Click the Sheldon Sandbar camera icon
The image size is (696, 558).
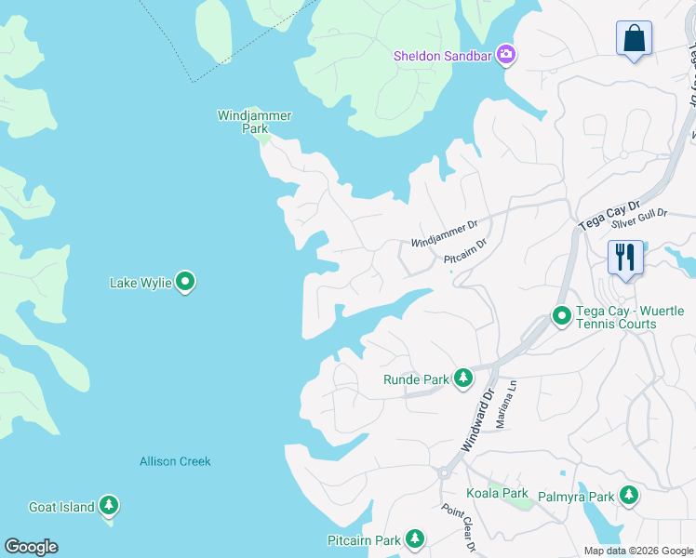[506, 55]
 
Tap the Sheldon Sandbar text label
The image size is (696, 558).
[443, 55]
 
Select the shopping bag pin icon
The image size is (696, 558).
[634, 39]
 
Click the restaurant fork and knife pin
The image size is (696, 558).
[625, 258]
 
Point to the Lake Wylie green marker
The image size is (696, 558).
[185, 282]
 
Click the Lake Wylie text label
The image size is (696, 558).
[141, 283]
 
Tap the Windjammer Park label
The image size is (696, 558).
[254, 122]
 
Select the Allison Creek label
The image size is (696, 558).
[175, 461]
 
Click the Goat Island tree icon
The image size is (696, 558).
[109, 506]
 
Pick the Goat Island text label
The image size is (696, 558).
[61, 507]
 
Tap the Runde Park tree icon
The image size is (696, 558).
[462, 379]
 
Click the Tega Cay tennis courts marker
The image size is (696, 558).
[561, 316]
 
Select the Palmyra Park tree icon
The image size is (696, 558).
[629, 496]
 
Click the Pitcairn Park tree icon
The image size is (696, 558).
[414, 539]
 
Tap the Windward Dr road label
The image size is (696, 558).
[475, 420]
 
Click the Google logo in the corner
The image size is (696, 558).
[31, 547]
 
